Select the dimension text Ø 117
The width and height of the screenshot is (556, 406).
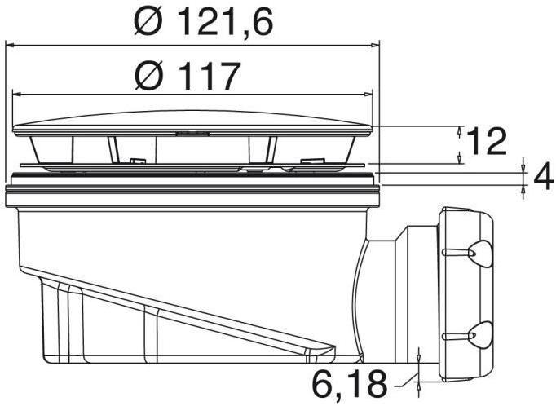(x=189, y=77)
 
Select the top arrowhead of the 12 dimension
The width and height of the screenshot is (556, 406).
(x=461, y=130)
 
